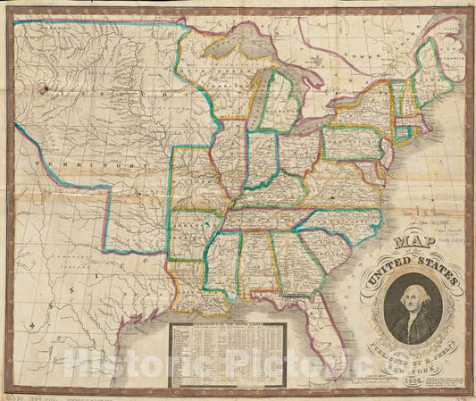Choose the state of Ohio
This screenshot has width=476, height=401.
(x=296, y=152)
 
